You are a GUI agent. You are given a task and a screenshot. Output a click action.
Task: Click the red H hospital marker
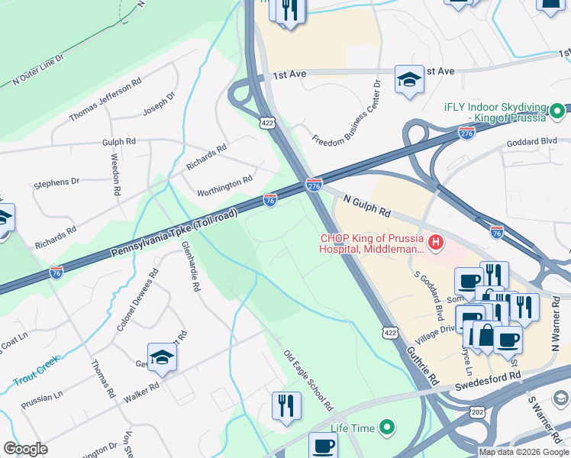[x=435, y=244]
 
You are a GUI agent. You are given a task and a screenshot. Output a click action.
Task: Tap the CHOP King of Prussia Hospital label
[x=373, y=243]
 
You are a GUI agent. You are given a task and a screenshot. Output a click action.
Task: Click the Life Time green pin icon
[x=388, y=427]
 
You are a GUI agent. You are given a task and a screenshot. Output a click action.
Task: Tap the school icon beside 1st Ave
[x=409, y=79]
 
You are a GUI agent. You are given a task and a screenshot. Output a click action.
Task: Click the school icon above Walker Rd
[x=162, y=359]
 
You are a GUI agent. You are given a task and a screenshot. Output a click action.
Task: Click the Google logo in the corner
[x=25, y=449]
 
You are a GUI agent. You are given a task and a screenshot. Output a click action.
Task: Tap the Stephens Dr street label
[x=56, y=182]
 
